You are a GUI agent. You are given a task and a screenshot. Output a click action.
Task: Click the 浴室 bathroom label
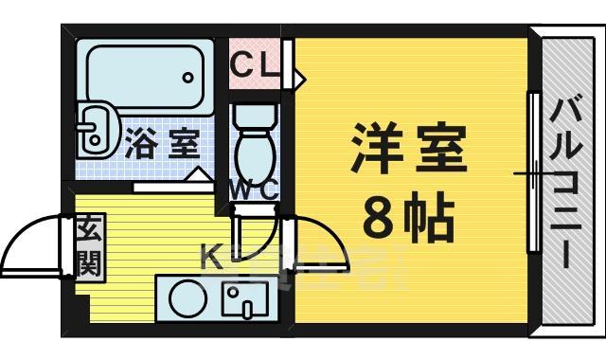(x=161, y=145)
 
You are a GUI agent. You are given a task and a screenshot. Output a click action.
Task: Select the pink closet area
(x=254, y=64)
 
